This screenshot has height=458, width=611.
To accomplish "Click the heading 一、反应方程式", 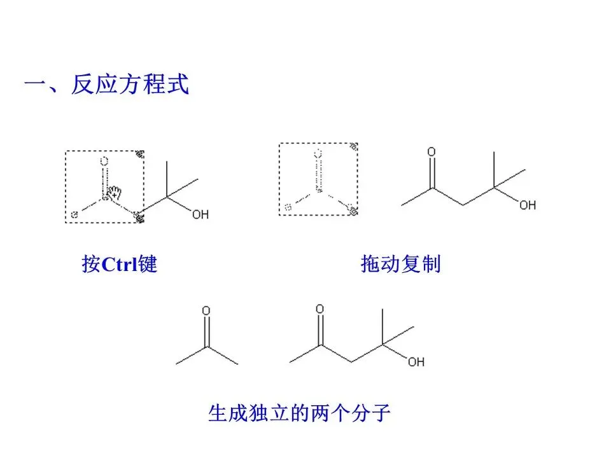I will [106, 85].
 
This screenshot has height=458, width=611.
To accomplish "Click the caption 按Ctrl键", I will [119, 264].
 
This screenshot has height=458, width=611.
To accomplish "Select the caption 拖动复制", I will [400, 264].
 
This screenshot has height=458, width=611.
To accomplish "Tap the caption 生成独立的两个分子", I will [299, 414].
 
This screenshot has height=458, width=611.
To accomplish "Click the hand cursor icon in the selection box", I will [115, 191].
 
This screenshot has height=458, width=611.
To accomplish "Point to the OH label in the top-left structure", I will [200, 215].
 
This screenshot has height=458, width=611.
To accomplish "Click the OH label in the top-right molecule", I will [527, 205].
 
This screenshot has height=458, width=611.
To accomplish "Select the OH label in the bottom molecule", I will [416, 362].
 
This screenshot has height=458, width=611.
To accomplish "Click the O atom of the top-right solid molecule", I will [432, 152].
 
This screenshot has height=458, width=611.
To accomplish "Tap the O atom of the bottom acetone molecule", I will [206, 311].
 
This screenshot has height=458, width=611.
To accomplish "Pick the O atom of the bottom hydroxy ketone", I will [320, 309].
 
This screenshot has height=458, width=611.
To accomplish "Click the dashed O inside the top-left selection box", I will [104, 162].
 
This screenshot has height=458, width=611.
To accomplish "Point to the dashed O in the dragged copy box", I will [318, 153].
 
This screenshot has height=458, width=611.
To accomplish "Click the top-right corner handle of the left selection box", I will [141, 153].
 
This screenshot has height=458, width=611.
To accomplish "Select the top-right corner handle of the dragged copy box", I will [355, 146].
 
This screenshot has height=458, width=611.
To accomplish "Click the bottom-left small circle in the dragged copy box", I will [288, 207].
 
